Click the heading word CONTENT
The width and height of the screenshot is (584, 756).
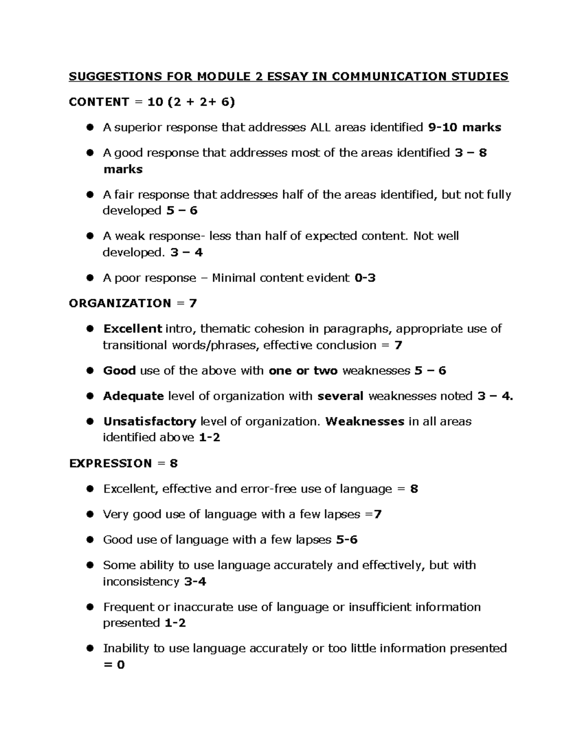pyautogui.click(x=99, y=102)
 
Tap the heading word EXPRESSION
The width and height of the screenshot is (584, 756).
pyautogui.click(x=110, y=463)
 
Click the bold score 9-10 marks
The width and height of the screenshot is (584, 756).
pyautogui.click(x=464, y=128)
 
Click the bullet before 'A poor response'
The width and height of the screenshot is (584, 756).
pyautogui.click(x=90, y=278)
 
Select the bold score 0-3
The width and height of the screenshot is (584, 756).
pyautogui.click(x=365, y=278)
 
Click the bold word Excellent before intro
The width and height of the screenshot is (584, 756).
pyautogui.click(x=132, y=329)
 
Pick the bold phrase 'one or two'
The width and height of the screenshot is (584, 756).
pyautogui.click(x=303, y=370)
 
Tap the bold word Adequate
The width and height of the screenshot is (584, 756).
pyautogui.click(x=133, y=396)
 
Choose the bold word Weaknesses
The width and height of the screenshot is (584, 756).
pyautogui.click(x=365, y=421)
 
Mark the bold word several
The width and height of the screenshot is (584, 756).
pyautogui.click(x=340, y=396)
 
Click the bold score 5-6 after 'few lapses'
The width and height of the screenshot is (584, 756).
pyautogui.click(x=347, y=539)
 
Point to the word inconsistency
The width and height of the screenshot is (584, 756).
pyautogui.click(x=141, y=581)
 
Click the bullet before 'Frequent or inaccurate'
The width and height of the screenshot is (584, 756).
pyautogui.click(x=90, y=607)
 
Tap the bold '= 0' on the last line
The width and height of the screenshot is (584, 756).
pyautogui.click(x=114, y=664)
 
